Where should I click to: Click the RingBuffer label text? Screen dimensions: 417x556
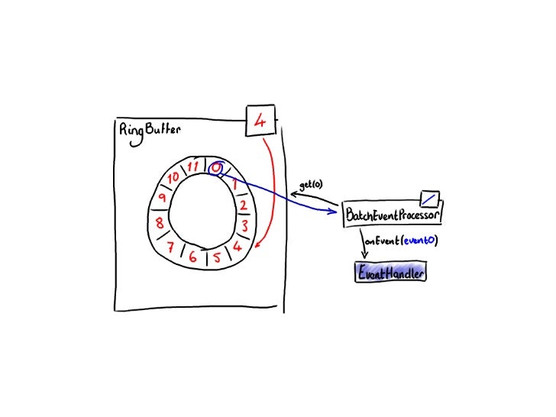[150, 129]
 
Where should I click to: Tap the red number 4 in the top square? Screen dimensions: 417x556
[259, 121]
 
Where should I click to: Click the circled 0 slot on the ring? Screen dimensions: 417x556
[216, 167]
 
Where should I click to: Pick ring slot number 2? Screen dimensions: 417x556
[243, 206]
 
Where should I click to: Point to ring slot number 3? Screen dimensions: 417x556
[244, 227]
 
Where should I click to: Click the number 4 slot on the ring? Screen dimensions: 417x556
[237, 246]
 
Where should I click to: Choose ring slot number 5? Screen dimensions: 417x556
[218, 257]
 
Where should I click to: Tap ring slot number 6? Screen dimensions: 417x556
[193, 257]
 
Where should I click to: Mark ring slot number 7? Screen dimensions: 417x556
[172, 246]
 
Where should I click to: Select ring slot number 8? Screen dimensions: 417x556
[160, 224]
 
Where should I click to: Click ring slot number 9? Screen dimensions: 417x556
[163, 199]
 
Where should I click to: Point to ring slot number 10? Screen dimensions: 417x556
[174, 177]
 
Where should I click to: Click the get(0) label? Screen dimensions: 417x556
[311, 184]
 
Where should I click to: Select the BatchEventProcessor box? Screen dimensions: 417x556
[393, 215]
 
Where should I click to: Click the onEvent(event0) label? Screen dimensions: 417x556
[401, 241]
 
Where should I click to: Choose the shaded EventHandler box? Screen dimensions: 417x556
[390, 272]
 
